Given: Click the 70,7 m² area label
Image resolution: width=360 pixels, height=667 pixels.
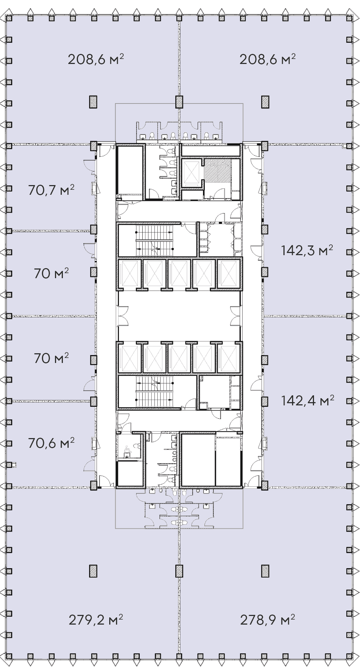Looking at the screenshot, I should pyautogui.click(x=51, y=190).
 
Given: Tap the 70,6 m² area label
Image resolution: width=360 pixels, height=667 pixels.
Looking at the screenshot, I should pyautogui.click(x=51, y=443).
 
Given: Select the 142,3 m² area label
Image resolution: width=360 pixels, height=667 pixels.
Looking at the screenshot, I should pyautogui.click(x=307, y=250).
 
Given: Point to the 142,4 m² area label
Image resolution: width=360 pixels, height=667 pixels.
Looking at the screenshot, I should pyautogui.click(x=308, y=400).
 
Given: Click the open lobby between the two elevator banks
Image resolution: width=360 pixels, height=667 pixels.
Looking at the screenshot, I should pyautogui.click(x=179, y=316).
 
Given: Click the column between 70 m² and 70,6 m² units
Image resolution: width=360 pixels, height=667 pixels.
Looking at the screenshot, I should pyautogui.click(x=93, y=401).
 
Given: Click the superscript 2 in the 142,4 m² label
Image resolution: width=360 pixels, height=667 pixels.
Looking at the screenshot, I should pyautogui.click(x=332, y=396).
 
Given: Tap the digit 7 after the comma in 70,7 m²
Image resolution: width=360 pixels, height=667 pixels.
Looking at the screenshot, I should pyautogui.click(x=53, y=190).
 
